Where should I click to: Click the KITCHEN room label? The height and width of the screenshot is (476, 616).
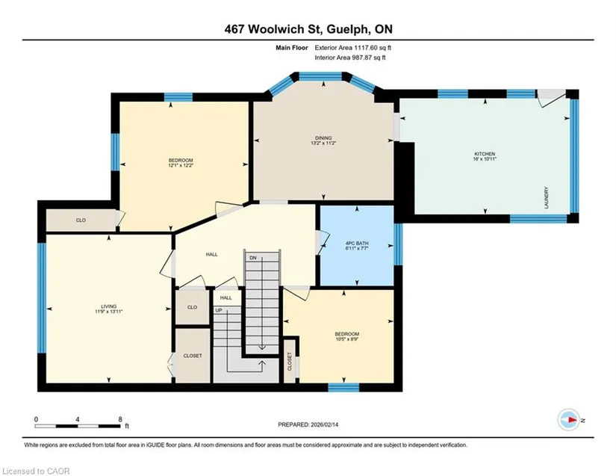pos(485,154)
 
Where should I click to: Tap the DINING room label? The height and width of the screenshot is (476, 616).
pos(323,138)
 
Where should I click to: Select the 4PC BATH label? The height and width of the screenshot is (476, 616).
pos(357,244)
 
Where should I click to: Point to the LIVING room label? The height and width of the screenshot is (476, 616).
pos(109,306)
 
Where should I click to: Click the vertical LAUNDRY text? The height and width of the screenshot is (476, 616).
pos(547,197)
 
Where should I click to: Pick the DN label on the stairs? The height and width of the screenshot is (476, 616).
pos(253,258)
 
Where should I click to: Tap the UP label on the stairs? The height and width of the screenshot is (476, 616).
pos(219,310)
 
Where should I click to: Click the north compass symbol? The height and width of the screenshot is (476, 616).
pos(568,420)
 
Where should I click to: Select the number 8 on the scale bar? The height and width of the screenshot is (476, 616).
pos(120,419)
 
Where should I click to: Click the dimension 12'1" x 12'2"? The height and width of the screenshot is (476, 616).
pos(181,165)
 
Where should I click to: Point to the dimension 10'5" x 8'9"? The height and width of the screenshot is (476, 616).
pos(347,339)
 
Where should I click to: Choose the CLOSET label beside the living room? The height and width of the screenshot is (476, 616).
pos(193,356)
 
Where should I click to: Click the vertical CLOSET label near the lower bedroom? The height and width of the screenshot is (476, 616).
pos(290,362)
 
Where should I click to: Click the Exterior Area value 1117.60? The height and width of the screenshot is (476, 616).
pos(366,48)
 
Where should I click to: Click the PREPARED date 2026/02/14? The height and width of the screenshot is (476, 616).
pos(324,424)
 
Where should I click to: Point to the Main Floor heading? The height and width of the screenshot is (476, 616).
pos(292,48)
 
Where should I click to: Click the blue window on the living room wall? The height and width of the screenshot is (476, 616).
pos(42,297)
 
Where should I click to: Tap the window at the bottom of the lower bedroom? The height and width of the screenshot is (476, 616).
pos(343,388)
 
